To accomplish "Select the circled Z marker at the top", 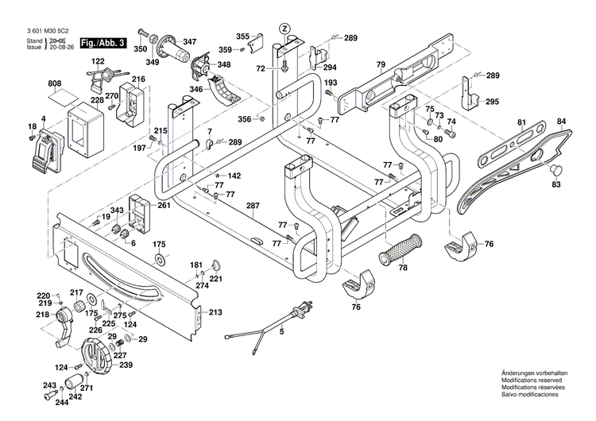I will (x=284, y=29).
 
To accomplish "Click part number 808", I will (x=55, y=83).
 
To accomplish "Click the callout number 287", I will (x=253, y=207).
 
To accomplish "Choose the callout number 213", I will (x=215, y=312).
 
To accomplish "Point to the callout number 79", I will (x=381, y=64).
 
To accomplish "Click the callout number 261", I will (x=164, y=206).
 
